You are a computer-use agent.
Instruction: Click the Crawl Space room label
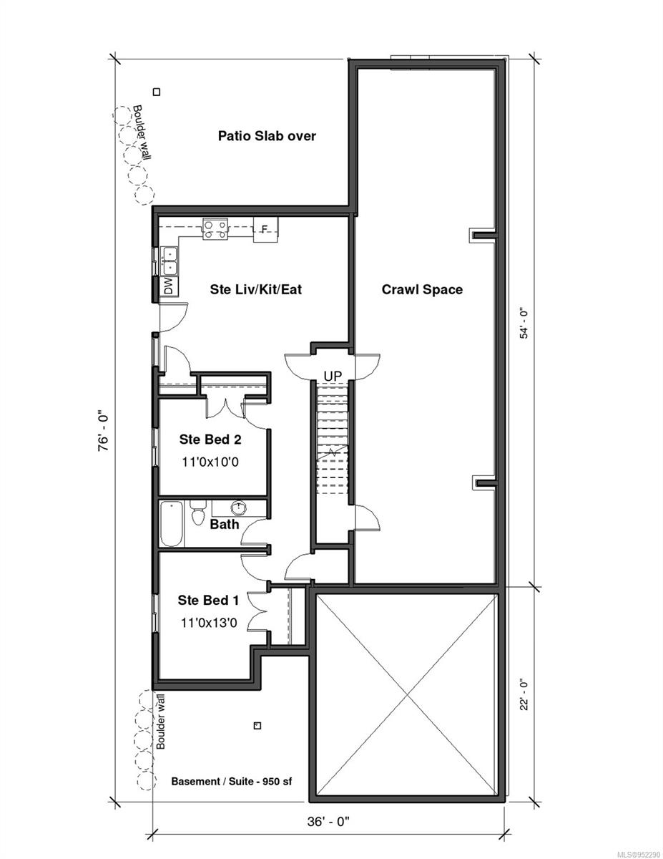422,289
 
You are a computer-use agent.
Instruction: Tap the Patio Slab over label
267,136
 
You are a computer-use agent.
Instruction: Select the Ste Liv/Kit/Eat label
255,289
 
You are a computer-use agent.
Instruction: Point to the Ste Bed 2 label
210,440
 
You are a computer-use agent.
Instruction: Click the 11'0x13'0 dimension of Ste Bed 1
209,623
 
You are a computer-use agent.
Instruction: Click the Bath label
225,525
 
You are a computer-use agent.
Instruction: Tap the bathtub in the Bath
172,524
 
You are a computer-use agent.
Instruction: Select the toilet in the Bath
197,513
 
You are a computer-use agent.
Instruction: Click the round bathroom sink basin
238,508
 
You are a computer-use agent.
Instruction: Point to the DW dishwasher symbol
170,286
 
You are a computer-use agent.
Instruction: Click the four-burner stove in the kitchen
215,229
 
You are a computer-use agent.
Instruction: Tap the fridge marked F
265,229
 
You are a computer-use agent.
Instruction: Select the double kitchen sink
170,261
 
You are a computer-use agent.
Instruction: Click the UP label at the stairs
333,376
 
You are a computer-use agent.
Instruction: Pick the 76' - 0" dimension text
104,432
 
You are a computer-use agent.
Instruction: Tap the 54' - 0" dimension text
524,324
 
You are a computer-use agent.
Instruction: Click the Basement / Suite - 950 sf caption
232,781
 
